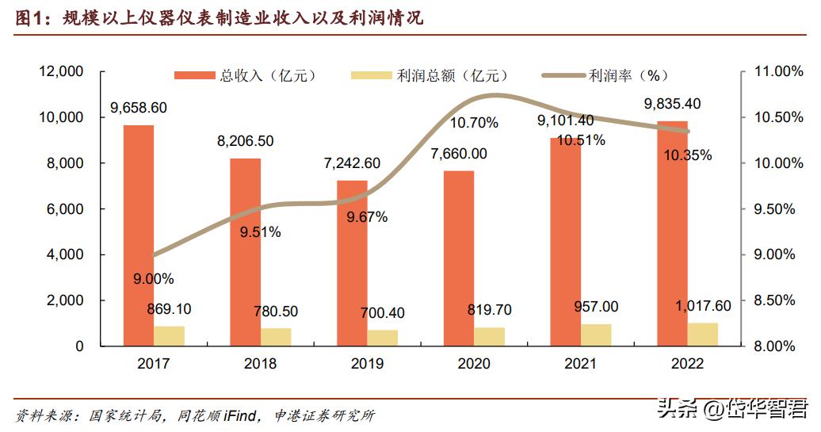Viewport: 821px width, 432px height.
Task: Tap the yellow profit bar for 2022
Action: tap(702, 335)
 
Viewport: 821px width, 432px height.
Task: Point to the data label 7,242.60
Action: tap(352, 163)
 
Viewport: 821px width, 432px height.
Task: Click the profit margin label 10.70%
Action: tap(474, 123)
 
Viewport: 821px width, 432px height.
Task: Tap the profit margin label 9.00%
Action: tap(154, 279)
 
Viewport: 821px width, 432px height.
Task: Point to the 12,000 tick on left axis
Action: tap(61, 72)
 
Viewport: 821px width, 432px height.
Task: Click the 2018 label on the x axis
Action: tap(260, 364)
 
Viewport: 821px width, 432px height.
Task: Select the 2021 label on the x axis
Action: tap(580, 364)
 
